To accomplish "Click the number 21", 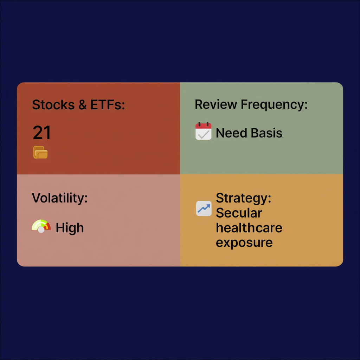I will [42, 133].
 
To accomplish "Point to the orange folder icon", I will [40, 153].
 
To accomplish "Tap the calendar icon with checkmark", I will [203, 131].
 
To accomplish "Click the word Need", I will [232, 133].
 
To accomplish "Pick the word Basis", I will [267, 133].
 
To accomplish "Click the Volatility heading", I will [59, 198].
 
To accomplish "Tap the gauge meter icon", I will [41, 226].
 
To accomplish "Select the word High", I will [70, 228].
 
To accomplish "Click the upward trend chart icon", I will [204, 208].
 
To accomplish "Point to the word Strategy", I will [243, 198].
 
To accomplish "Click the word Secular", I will [239, 213].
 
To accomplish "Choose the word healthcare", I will [249, 228].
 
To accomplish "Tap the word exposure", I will [244, 243].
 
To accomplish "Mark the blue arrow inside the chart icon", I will [204, 208].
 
